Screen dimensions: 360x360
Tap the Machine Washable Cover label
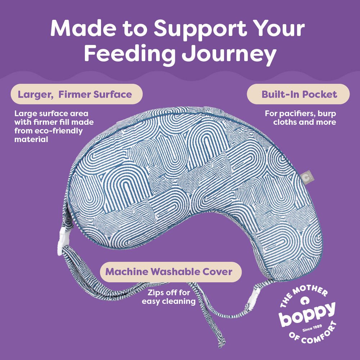click(169, 272)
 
